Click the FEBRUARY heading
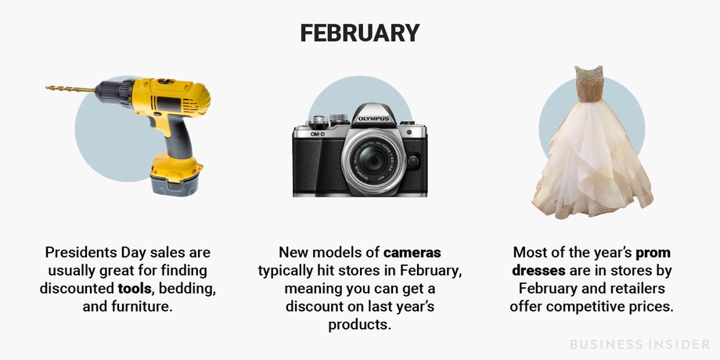[360, 33]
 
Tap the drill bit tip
[46, 87]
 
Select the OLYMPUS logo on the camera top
[373, 119]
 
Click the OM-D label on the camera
[318, 134]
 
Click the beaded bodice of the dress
[589, 84]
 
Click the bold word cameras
[412, 253]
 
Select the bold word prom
[653, 254]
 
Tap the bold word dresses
[538, 271]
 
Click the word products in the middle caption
[359, 325]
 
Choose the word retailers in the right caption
[636, 289]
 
